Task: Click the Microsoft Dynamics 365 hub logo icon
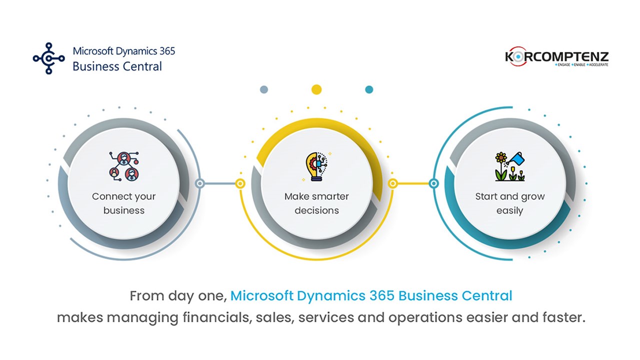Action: coord(48,58)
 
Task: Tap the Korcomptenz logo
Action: coord(556,56)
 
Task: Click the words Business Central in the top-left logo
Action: coord(117,66)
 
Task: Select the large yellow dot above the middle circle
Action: coord(316,89)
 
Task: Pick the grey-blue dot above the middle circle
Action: coord(264,89)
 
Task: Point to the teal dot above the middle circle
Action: coord(369,89)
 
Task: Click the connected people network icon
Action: coord(124,166)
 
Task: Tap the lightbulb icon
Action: coord(316,166)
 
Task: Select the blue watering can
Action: coord(517,159)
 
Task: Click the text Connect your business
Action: coord(123,203)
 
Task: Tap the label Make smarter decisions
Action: coord(316,203)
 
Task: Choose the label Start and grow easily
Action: coord(510,203)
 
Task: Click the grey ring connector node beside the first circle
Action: coord(200,183)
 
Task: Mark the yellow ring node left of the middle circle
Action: coord(240,183)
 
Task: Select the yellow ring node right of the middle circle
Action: coord(393,183)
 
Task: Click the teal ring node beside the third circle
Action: coord(433,183)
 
